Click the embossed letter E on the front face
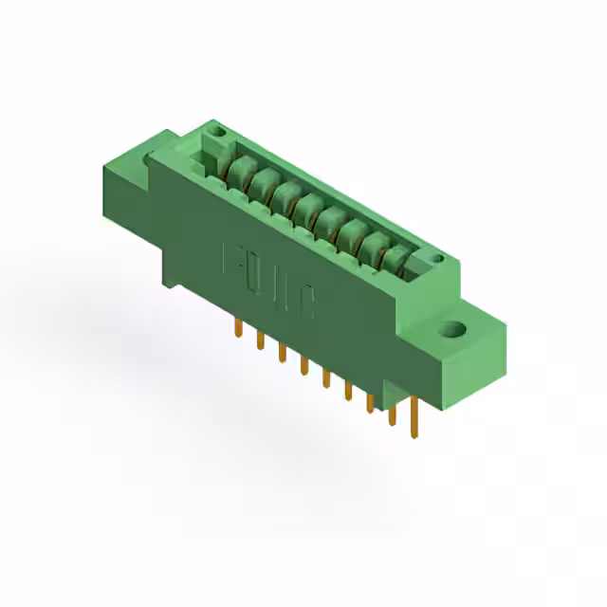[x=230, y=259]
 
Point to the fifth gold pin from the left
[x=325, y=377]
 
